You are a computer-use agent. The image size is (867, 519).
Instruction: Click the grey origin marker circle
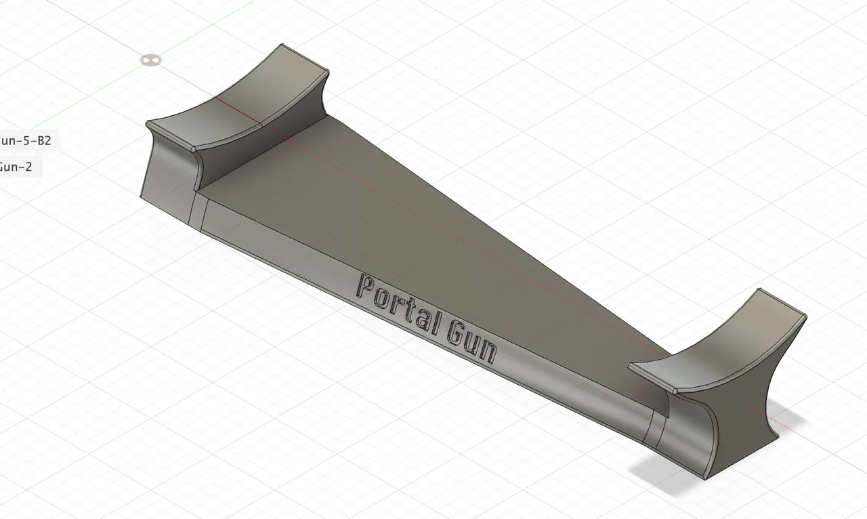pos(151,60)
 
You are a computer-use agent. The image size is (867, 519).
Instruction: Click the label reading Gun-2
pos(16,166)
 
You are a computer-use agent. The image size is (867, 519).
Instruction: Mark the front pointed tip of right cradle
pos(677,391)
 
